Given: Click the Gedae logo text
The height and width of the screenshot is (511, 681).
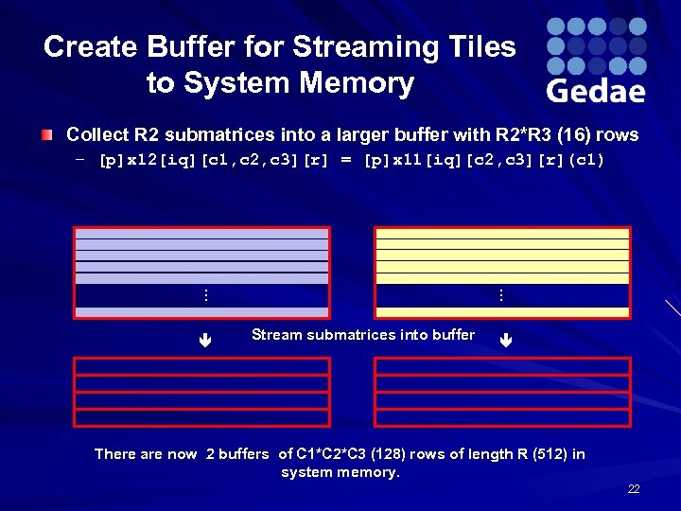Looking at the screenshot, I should pos(596,91).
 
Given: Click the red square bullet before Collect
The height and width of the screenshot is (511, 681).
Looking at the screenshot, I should pos(47,135).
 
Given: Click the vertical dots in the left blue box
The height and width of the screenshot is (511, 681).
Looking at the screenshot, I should pos(206,296).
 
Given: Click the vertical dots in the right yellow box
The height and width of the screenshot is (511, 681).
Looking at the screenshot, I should pos(501,296).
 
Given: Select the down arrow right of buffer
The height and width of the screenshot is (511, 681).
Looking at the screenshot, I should pos(506,337).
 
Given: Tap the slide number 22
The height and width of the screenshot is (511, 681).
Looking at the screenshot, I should pos(634,489).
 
